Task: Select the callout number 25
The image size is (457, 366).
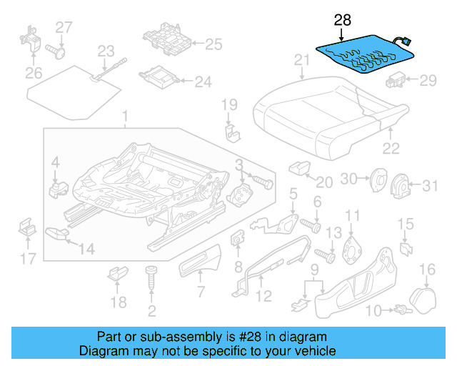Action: (x=214, y=44)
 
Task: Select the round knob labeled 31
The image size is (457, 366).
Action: (x=401, y=187)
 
